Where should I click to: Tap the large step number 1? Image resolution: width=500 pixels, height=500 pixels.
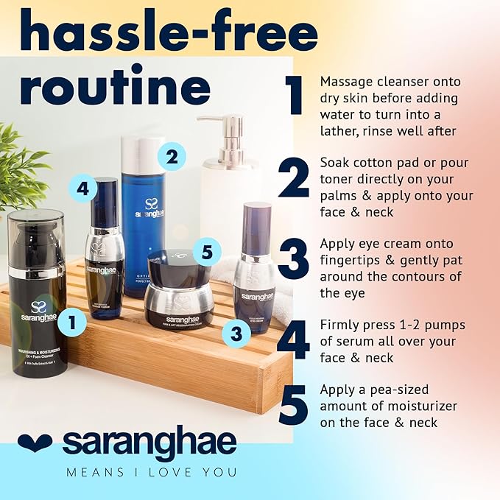pyautogui.click(x=295, y=96)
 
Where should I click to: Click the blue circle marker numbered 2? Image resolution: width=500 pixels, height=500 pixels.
pyautogui.click(x=172, y=156)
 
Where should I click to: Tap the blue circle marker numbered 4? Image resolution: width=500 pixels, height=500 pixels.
pyautogui.click(x=82, y=189)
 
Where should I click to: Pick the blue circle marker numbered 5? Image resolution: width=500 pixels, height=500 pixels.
pyautogui.click(x=206, y=252)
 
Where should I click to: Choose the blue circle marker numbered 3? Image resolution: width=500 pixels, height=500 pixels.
pyautogui.click(x=236, y=334)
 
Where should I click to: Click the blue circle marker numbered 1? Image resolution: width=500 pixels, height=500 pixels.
pyautogui.click(x=71, y=320)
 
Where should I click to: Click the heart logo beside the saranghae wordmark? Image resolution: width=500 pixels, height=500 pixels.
pyautogui.click(x=35, y=442)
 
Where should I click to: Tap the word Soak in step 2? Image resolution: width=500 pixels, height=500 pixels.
pyautogui.click(x=334, y=163)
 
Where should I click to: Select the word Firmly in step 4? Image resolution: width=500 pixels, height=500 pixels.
pyautogui.click(x=339, y=325)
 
